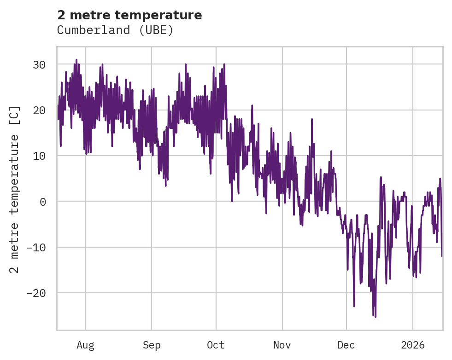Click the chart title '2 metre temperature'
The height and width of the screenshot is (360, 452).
point(129,15)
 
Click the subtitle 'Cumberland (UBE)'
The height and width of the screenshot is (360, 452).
point(115,30)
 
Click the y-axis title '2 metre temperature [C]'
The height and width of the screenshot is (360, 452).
point(15,189)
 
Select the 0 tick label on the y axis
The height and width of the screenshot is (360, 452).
point(42,202)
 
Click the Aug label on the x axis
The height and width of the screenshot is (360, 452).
point(86,345)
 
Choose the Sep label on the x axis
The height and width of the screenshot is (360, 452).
point(152,345)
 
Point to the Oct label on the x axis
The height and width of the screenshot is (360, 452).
point(216,345)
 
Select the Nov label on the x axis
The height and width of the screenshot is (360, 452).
point(282,345)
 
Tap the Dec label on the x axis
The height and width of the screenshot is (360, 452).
point(346,345)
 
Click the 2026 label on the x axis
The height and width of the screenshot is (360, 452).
point(413,345)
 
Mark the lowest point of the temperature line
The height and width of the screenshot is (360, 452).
point(376,317)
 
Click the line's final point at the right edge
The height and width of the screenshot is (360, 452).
point(442,256)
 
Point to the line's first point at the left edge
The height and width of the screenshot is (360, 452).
point(58,105)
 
